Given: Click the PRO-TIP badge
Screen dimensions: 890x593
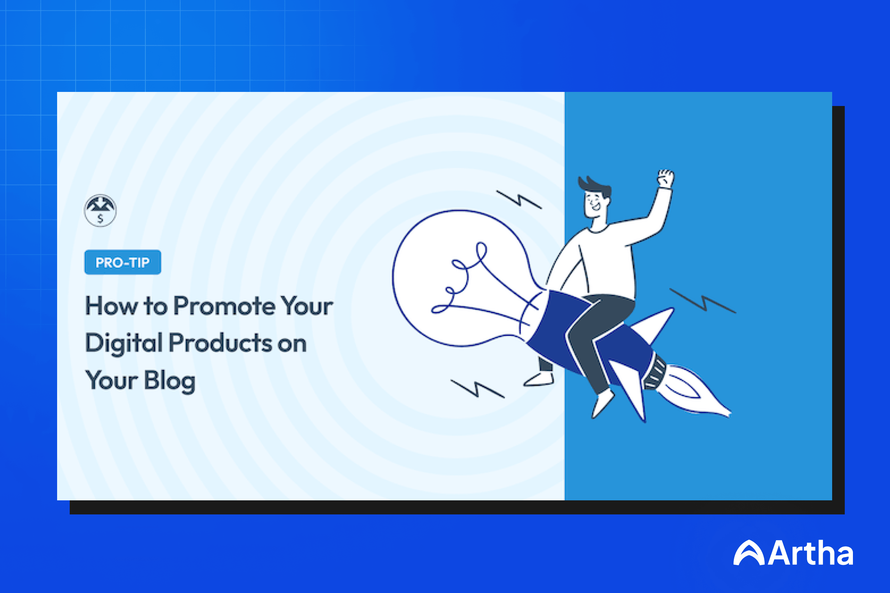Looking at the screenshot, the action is [123, 262].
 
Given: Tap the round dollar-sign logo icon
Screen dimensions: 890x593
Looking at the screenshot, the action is [100, 211].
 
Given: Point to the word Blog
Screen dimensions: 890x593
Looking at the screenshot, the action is [169, 381].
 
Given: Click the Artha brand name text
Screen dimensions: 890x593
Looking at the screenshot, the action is [811, 553].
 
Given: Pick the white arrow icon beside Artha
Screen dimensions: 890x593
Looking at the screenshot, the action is [749, 553].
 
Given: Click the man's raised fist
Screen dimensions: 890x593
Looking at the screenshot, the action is [666, 179].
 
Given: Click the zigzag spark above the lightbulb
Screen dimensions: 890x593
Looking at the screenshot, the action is [519, 199].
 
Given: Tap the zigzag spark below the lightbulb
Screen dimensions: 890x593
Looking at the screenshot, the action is [477, 388].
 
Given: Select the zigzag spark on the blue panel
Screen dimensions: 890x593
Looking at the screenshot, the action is [703, 301].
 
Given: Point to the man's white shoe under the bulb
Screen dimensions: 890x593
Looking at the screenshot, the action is [539, 379].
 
